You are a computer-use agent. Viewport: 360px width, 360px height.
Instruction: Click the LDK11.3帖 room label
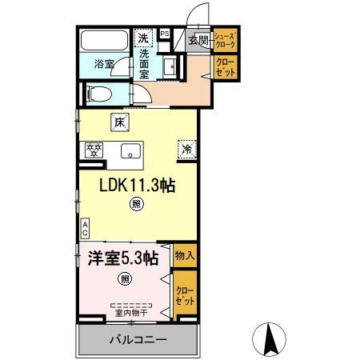coord(137,185)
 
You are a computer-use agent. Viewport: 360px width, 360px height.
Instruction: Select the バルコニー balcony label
coord(138,340)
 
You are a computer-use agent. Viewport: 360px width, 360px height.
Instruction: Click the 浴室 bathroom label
coord(103,63)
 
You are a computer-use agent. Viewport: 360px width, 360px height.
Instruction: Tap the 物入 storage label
coord(184,256)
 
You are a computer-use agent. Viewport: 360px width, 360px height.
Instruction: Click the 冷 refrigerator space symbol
coord(186,148)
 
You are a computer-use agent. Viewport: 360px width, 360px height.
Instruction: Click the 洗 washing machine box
coord(143,38)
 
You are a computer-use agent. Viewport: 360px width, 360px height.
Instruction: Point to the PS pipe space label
coord(165,34)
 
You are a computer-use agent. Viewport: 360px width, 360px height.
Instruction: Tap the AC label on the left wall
coord(84,228)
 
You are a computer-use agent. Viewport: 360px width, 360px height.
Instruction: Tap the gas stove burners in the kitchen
coord(94,149)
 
